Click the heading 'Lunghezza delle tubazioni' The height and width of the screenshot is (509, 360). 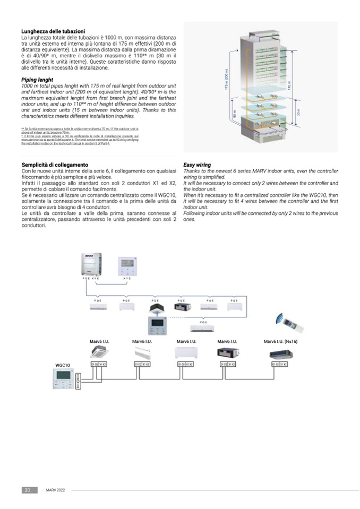pyautogui.click(x=53, y=31)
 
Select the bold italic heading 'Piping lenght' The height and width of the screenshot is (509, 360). pyautogui.click(x=37, y=80)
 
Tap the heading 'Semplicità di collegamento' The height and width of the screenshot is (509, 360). pyautogui.click(x=55, y=165)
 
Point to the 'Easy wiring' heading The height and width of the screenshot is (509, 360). pyautogui.click(x=197, y=165)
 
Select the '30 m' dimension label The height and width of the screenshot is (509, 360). pyautogui.click(x=298, y=113)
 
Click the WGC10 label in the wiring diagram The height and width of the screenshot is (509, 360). pyautogui.click(x=63, y=365)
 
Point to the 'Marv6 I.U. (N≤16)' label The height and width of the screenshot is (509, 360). pyautogui.click(x=280, y=341)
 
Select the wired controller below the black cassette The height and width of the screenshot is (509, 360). pyautogui.click(x=157, y=325)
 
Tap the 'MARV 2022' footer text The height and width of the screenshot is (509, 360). pyautogui.click(x=55, y=490)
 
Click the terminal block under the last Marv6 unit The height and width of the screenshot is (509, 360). pyautogui.click(x=280, y=365)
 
